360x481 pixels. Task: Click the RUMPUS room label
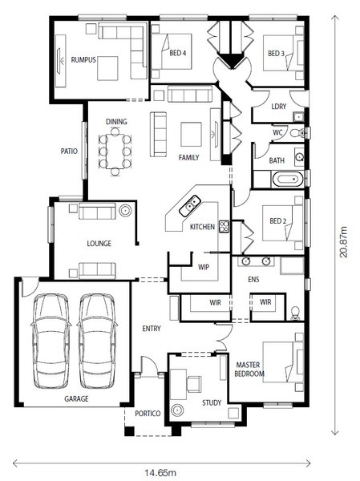(x=83, y=60)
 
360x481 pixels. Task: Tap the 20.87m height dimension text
(x=344, y=242)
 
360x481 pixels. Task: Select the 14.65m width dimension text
(x=160, y=473)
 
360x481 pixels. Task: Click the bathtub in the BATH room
(x=288, y=179)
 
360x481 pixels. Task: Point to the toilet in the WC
(x=297, y=133)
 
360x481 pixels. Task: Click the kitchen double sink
(x=190, y=205)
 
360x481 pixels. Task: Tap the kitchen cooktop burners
(x=224, y=227)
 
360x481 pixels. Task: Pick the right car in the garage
(x=97, y=342)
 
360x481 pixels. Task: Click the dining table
(x=115, y=152)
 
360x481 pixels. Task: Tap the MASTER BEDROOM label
(x=249, y=370)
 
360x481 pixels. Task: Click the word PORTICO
(x=148, y=414)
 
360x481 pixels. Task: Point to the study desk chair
(x=194, y=383)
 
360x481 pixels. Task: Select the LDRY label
(x=279, y=107)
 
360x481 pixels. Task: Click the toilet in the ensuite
(x=295, y=313)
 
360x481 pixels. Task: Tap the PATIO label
(x=69, y=151)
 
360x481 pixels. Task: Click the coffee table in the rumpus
(x=107, y=68)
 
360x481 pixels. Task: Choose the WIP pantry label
(x=204, y=267)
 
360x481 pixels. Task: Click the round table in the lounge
(x=125, y=211)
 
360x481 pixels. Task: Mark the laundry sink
(x=298, y=117)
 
